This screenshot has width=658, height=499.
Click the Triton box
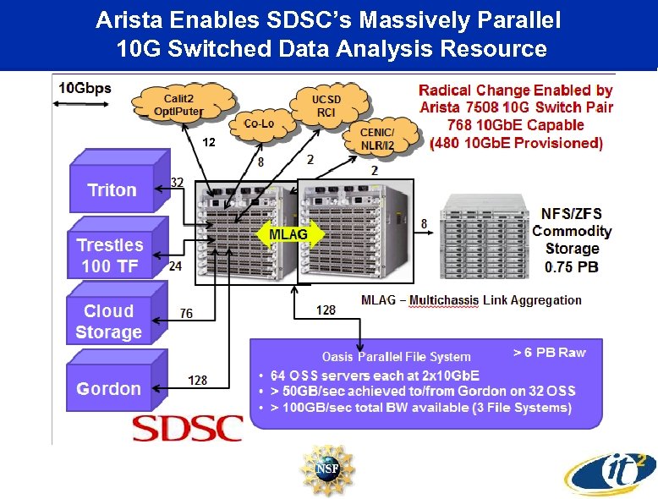112,189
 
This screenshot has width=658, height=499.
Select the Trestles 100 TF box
110,255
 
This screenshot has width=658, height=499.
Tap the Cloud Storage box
108,321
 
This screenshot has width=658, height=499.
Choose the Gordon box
108,389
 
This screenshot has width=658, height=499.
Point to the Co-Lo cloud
258,123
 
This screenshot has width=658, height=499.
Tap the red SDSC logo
188,428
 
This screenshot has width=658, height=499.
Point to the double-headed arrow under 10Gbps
71,104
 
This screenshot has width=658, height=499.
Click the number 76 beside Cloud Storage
186,314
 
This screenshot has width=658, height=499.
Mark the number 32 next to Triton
178,182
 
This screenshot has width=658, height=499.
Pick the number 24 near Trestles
175,266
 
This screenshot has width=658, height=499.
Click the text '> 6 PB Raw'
549,353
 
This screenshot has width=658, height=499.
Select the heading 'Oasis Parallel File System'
397,356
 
